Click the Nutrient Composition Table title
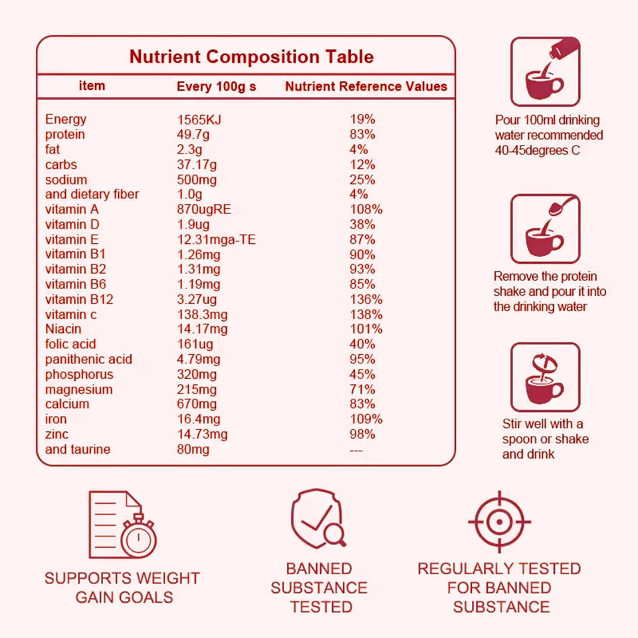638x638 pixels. [251, 56]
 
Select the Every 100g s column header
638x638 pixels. [216, 86]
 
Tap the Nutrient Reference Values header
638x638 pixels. [366, 86]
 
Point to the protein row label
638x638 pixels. [64, 134]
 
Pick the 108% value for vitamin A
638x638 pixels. [366, 209]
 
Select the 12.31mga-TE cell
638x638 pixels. [216, 239]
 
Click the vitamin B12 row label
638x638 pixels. [79, 299]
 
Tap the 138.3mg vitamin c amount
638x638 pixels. [202, 314]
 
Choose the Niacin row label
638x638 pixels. [63, 329]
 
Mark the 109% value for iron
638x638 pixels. [366, 419]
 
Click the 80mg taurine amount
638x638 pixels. [193, 449]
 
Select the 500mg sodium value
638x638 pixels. [197, 179]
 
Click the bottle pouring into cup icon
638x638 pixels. [545, 72]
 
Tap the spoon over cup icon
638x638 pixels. [545, 229]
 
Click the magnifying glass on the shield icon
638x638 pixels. [334, 532]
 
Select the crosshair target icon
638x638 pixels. [499, 522]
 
